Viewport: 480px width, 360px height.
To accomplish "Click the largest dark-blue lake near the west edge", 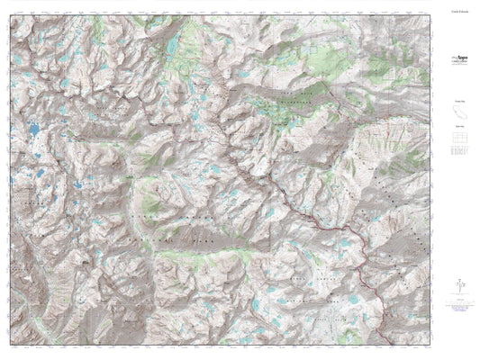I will coord(32,132).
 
